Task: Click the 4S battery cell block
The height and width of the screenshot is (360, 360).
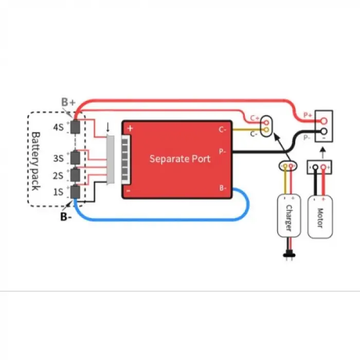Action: coord(76,127)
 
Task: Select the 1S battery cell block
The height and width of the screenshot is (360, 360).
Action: coord(76,192)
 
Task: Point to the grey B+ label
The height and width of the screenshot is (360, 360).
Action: coord(68,102)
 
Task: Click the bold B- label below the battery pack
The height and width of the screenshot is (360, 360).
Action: coord(66,217)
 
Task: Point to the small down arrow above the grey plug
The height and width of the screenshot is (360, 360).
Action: coord(108,126)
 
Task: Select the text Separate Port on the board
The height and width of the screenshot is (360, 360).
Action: coord(179,158)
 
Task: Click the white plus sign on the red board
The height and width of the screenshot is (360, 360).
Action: coord(130,129)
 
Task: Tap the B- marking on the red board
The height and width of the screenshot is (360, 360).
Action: coord(222,188)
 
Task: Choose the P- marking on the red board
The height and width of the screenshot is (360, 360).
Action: coord(222,152)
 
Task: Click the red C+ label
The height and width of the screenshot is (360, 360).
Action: coord(255,118)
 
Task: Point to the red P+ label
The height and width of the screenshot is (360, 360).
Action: coord(308,115)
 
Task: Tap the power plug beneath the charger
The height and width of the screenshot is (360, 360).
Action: coord(285,254)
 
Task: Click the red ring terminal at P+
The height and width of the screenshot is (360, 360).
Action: coord(323,121)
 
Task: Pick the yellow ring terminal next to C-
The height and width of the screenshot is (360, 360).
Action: coord(266,131)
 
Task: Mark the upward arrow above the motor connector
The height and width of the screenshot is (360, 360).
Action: coord(322,152)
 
